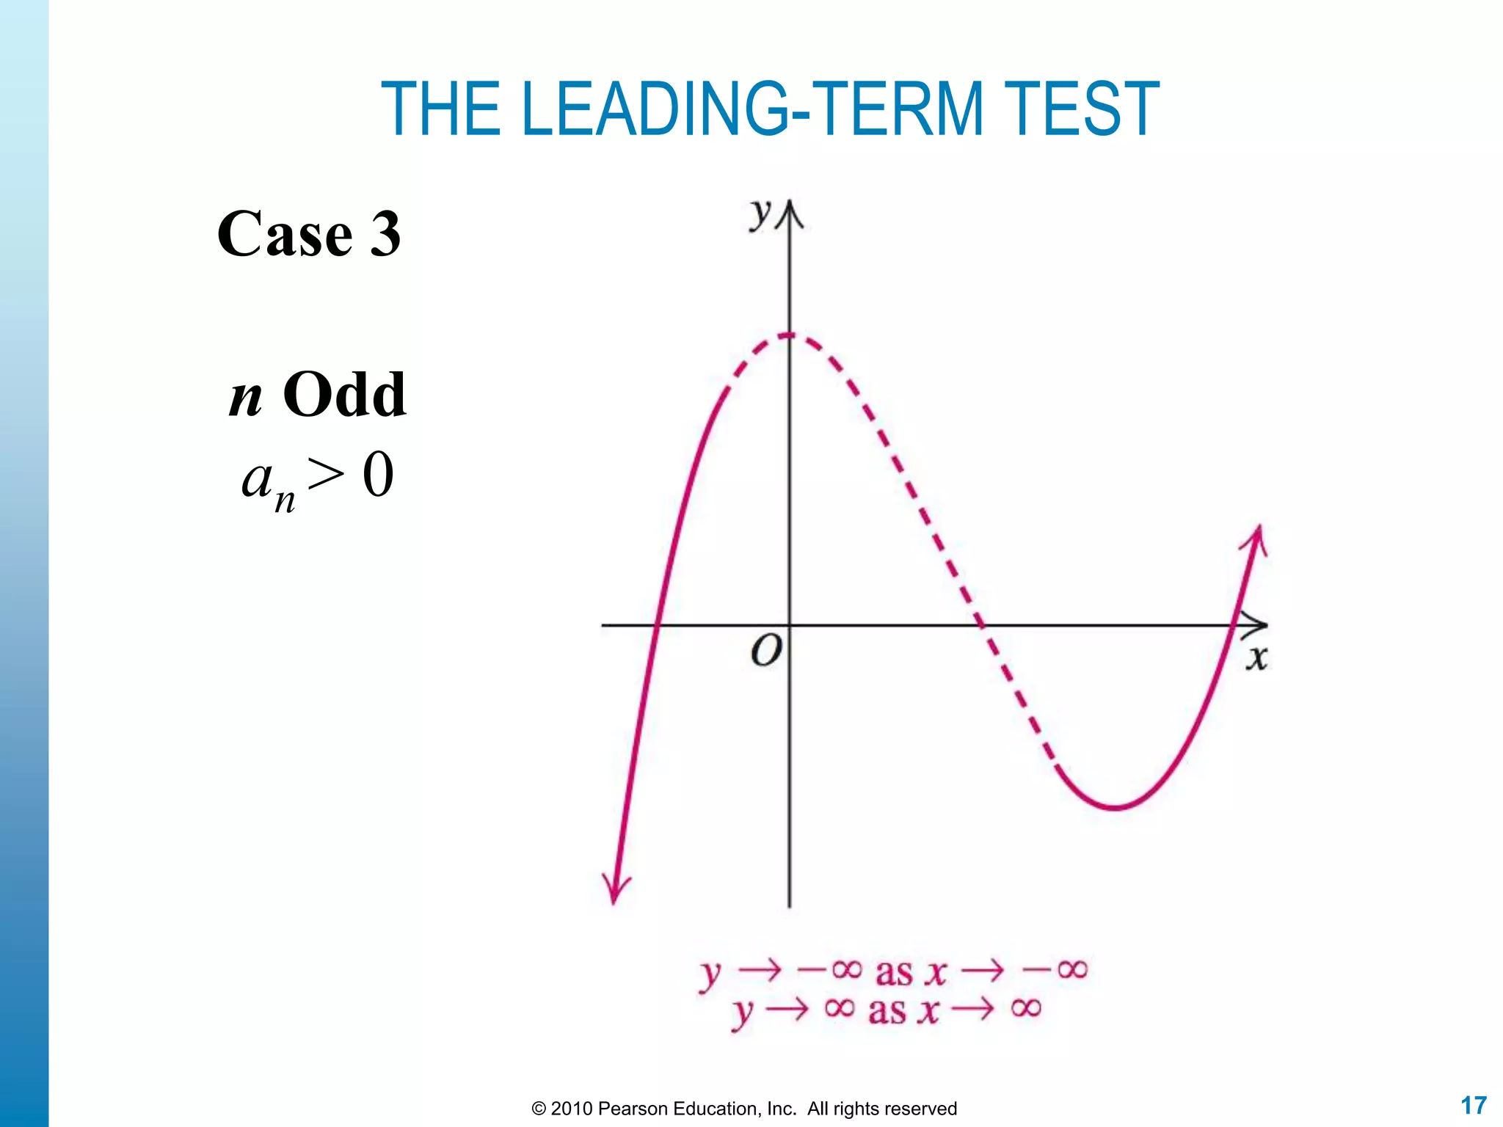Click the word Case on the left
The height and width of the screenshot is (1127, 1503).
click(x=285, y=235)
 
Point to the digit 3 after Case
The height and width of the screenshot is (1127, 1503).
click(x=385, y=235)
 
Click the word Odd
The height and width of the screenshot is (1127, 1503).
click(x=344, y=395)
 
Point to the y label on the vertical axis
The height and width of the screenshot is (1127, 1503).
click(x=760, y=214)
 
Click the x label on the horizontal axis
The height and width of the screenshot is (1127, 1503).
click(x=1256, y=657)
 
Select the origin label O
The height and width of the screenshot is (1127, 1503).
click(x=766, y=651)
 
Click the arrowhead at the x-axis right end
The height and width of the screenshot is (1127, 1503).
click(x=1256, y=625)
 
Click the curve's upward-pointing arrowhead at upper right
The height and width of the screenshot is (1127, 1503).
click(x=1256, y=540)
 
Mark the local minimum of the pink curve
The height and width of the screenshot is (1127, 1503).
click(x=1114, y=807)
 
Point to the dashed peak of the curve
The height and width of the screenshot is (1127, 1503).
click(x=790, y=335)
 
